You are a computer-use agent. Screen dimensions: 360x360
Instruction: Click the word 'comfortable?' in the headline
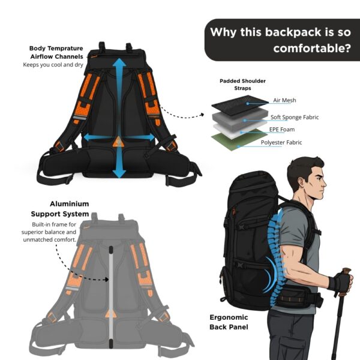tap(312, 47)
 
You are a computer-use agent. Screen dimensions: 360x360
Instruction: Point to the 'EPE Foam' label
tap(282, 129)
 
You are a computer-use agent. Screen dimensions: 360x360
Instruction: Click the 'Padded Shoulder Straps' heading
tap(242, 85)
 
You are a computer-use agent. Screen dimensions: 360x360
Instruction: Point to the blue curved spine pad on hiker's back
tap(275, 252)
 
